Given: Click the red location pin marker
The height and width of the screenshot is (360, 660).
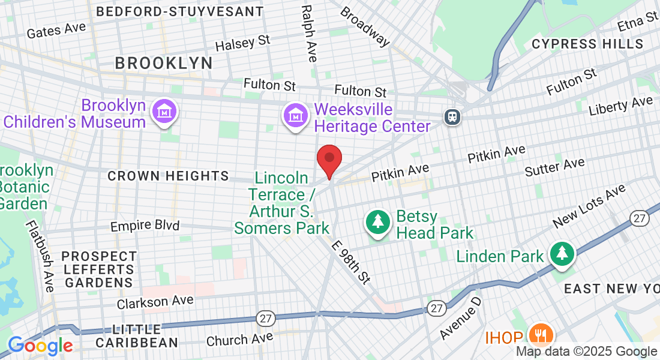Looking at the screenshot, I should click(x=329, y=159).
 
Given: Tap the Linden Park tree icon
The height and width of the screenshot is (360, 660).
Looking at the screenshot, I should click(x=562, y=254).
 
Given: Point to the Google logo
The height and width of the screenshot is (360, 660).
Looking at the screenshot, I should click(x=40, y=346).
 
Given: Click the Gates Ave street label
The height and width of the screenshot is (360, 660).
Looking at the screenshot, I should click(x=56, y=30).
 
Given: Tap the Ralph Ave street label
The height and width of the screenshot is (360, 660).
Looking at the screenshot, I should click(x=309, y=34).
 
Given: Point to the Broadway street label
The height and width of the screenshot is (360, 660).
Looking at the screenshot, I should click(x=364, y=27).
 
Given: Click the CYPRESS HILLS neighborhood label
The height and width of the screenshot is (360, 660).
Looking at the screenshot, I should click(x=587, y=44).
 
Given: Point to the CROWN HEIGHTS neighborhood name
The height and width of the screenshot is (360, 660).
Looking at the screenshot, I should click(x=168, y=176).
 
